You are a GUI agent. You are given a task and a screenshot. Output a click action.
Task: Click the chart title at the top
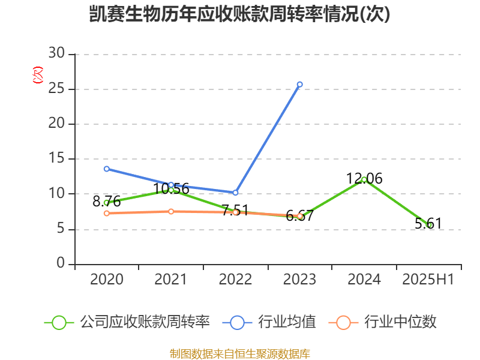coord(239,14)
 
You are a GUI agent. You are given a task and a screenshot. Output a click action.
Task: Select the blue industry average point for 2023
coord(299,85)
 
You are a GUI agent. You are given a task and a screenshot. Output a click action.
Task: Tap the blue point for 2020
coord(106,169)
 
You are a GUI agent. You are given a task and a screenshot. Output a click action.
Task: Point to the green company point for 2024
coord(364,179)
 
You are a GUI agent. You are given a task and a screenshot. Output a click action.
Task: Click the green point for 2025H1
coord(428,225)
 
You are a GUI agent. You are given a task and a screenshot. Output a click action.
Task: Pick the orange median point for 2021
coord(171,211)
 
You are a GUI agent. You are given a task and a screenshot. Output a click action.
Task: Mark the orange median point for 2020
coord(106,213)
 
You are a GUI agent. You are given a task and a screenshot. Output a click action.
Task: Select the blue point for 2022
coord(235,193)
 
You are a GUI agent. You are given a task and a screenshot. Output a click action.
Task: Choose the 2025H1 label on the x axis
coord(428,280)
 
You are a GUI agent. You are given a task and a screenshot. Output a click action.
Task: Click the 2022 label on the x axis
coord(235,280)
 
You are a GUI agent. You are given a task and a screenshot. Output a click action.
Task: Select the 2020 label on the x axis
coord(106,280)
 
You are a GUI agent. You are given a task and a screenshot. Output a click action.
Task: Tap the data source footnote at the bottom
coord(239,353)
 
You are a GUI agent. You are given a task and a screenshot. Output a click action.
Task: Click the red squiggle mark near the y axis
coord(38,76)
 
